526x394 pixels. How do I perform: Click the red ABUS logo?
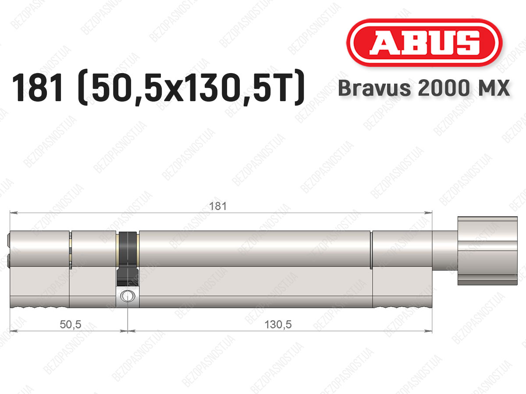tap(424, 42)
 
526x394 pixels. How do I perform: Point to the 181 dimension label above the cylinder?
tap(217, 206)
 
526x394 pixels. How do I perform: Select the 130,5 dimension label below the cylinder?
tap(278, 325)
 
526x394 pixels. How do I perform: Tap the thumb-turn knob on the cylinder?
tap(487, 251)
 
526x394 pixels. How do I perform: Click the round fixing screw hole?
tap(128, 295)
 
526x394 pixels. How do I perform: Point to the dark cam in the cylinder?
tap(128, 259)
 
